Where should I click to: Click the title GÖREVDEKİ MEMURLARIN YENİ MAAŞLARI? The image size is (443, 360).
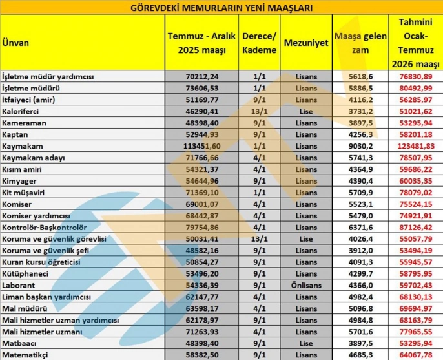(221, 8)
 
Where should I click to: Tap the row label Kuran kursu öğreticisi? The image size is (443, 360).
(41, 262)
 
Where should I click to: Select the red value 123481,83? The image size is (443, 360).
(416, 146)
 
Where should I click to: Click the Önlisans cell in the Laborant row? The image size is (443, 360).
(305, 286)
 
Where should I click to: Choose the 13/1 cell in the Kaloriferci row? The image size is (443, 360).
(260, 111)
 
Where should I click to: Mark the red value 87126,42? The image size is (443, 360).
(416, 228)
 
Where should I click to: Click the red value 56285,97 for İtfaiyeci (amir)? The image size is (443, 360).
(416, 100)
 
